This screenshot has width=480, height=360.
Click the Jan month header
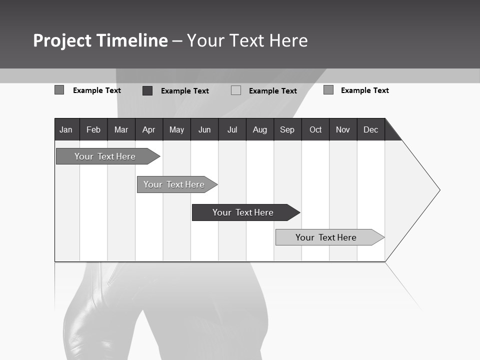click(x=66, y=129)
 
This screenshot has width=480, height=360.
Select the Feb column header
click(x=93, y=129)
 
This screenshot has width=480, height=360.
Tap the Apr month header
click(x=148, y=129)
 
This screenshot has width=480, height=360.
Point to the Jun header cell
click(x=204, y=129)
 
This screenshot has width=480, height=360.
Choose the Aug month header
click(x=260, y=129)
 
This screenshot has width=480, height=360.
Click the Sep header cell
click(x=287, y=129)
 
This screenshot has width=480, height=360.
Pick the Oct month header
click(x=315, y=129)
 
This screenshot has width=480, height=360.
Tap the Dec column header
click(x=371, y=129)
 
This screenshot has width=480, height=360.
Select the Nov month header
click(x=343, y=129)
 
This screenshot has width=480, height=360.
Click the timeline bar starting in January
click(x=105, y=156)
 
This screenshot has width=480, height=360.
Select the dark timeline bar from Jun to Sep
click(x=243, y=212)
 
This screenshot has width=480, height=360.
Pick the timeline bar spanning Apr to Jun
click(x=174, y=184)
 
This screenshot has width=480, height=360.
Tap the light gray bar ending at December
click(x=326, y=237)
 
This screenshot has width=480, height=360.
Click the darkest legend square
click(x=147, y=90)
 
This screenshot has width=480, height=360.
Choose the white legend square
click(x=236, y=90)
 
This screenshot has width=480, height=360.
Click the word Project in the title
click(x=62, y=40)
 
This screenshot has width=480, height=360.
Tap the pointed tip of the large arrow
click(x=438, y=190)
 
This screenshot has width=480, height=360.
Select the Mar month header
click(x=121, y=129)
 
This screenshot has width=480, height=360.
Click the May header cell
click(x=176, y=129)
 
